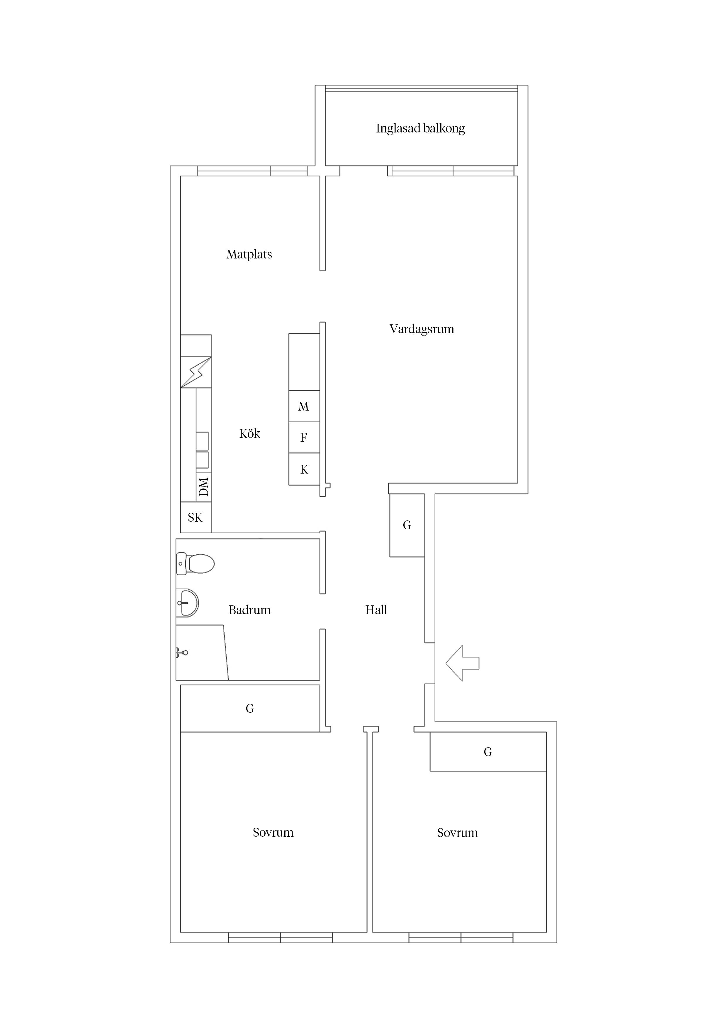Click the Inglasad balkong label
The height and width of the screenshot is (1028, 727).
[x=420, y=128]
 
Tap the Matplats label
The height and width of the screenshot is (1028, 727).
[x=249, y=254]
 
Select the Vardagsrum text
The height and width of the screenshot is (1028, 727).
[x=422, y=329]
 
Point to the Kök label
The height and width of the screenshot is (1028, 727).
[x=249, y=433]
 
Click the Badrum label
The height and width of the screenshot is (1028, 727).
[x=249, y=610]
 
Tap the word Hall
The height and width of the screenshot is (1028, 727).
[x=376, y=610]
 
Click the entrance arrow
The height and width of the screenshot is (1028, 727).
[x=462, y=663]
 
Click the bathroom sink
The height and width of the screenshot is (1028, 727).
[x=187, y=603]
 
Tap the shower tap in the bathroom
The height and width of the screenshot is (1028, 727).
[x=181, y=653]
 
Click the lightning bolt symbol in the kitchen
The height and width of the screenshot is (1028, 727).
[x=196, y=372]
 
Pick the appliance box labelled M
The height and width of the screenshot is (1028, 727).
[x=304, y=406]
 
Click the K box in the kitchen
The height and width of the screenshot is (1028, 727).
[x=304, y=469]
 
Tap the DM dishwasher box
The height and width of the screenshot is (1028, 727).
[x=204, y=487]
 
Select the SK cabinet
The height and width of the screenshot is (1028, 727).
[x=196, y=517]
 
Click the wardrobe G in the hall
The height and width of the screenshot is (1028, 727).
[x=407, y=525]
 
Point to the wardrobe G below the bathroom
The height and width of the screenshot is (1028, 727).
[x=250, y=708]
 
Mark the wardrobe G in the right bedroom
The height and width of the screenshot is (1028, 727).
[x=488, y=751]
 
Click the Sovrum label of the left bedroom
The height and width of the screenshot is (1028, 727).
[x=273, y=832]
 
